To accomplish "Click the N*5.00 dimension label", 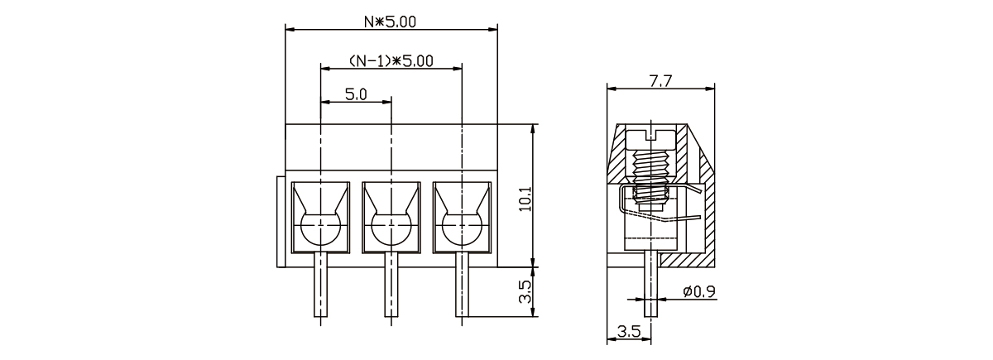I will point(391,22).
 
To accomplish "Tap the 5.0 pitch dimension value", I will point(356,94).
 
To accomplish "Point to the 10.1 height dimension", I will point(525,197).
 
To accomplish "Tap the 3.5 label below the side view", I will point(629,332).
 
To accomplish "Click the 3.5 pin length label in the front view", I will point(525,292).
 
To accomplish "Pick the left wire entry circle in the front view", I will point(320,229).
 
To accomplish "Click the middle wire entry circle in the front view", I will point(391,229).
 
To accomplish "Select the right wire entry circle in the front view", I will point(461,229).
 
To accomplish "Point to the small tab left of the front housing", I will point(281,222).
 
